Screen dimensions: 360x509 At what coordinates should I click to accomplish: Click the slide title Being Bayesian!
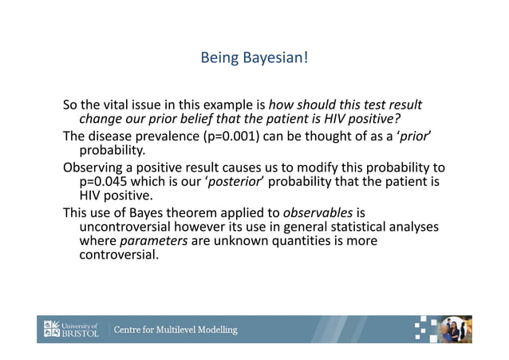(x=254, y=58)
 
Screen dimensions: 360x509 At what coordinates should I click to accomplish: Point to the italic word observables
(x=318, y=212)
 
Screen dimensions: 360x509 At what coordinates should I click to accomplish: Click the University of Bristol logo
(x=73, y=329)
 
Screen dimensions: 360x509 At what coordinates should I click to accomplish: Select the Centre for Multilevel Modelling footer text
(x=176, y=330)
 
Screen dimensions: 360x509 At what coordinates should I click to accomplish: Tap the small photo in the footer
(x=456, y=329)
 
